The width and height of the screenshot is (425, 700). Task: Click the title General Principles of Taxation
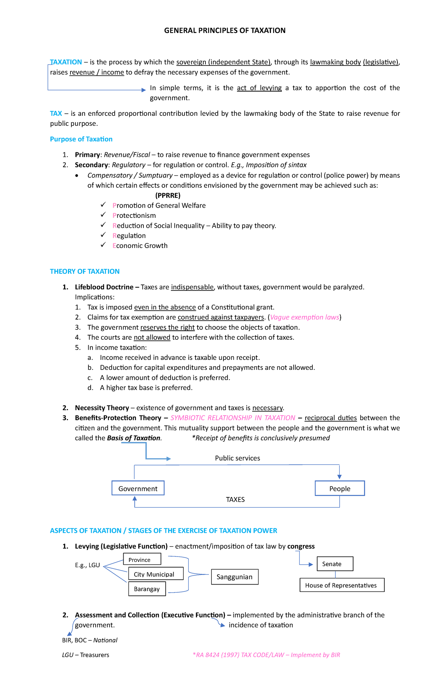[x=225, y=30]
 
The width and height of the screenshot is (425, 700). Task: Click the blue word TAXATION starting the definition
[x=66, y=62]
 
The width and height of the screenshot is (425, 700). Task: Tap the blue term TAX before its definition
[x=56, y=113]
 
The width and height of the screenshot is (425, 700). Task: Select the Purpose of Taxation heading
[x=81, y=139]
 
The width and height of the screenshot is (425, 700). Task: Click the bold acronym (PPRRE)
[x=168, y=195]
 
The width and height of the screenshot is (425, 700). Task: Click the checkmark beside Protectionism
[x=103, y=215]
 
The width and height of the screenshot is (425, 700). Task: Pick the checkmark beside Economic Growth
[x=103, y=245]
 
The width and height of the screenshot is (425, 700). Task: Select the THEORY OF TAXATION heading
[x=85, y=271]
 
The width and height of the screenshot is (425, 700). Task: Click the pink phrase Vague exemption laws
[x=305, y=317]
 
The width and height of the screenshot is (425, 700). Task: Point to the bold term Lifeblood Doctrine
[x=104, y=287]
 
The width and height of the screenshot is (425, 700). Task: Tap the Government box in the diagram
[x=138, y=489]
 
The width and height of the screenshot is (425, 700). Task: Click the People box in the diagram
[x=340, y=489]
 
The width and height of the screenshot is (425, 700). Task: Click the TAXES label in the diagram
[x=235, y=499]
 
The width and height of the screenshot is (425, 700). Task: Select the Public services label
[x=237, y=458]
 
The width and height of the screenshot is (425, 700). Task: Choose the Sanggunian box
[x=234, y=577]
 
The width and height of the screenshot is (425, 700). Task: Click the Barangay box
[x=147, y=589]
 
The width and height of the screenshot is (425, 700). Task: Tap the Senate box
[x=335, y=564]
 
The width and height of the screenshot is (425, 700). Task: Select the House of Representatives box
[x=341, y=585]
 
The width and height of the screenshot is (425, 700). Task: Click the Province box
[x=142, y=559]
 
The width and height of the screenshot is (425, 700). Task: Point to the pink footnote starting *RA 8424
[x=266, y=655]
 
